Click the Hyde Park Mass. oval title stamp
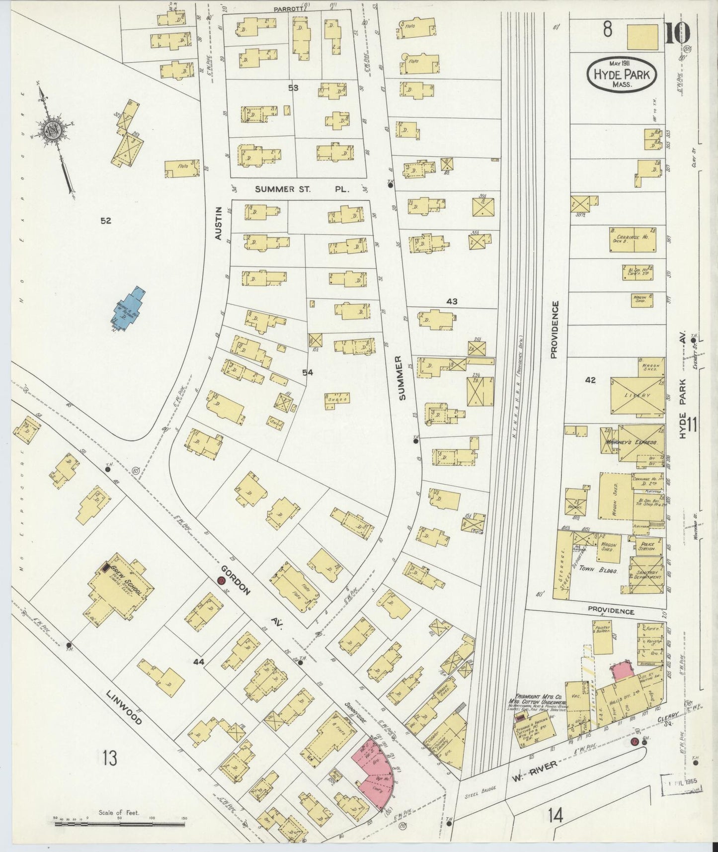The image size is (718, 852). click(x=622, y=75)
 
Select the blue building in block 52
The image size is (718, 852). click(x=128, y=308)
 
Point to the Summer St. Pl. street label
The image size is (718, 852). click(x=302, y=189)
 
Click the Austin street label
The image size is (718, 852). click(x=218, y=224)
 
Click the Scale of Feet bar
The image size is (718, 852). click(x=119, y=824)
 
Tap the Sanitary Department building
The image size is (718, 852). click(x=646, y=575)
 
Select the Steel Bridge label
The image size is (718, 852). click(x=479, y=794)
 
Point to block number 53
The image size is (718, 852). click(x=294, y=88)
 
